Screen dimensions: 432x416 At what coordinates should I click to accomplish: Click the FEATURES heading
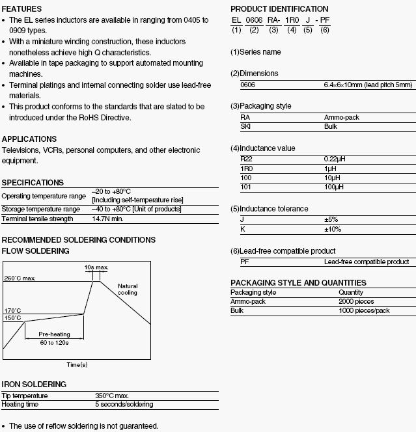click(21, 9)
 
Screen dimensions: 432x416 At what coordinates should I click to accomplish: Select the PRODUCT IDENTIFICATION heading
click(279, 9)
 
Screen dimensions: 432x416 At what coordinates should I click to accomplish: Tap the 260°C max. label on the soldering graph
click(20, 278)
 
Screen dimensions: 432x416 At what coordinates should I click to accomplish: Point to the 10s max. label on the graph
click(96, 267)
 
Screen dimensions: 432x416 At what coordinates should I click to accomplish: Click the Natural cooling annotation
click(128, 290)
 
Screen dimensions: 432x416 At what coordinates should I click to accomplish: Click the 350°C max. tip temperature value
click(112, 396)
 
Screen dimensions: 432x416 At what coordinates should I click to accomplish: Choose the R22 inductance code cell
click(246, 159)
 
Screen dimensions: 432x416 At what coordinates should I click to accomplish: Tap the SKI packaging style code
click(246, 126)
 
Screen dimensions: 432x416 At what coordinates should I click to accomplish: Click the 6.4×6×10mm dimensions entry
click(368, 85)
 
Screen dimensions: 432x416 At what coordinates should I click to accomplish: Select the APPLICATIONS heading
click(29, 139)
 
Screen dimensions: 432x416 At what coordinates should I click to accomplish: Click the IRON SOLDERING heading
click(34, 385)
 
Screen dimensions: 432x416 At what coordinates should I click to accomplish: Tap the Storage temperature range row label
click(41, 209)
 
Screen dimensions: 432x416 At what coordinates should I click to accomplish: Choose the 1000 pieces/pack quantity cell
click(364, 311)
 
